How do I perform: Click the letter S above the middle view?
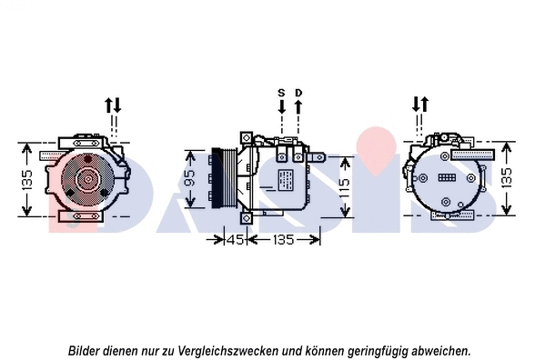coord(281,93)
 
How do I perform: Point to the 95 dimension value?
coord(189,179)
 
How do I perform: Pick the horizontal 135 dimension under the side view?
coord(285,241)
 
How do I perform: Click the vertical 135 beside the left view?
coord(28,179)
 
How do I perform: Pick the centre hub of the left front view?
coord(87,178)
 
